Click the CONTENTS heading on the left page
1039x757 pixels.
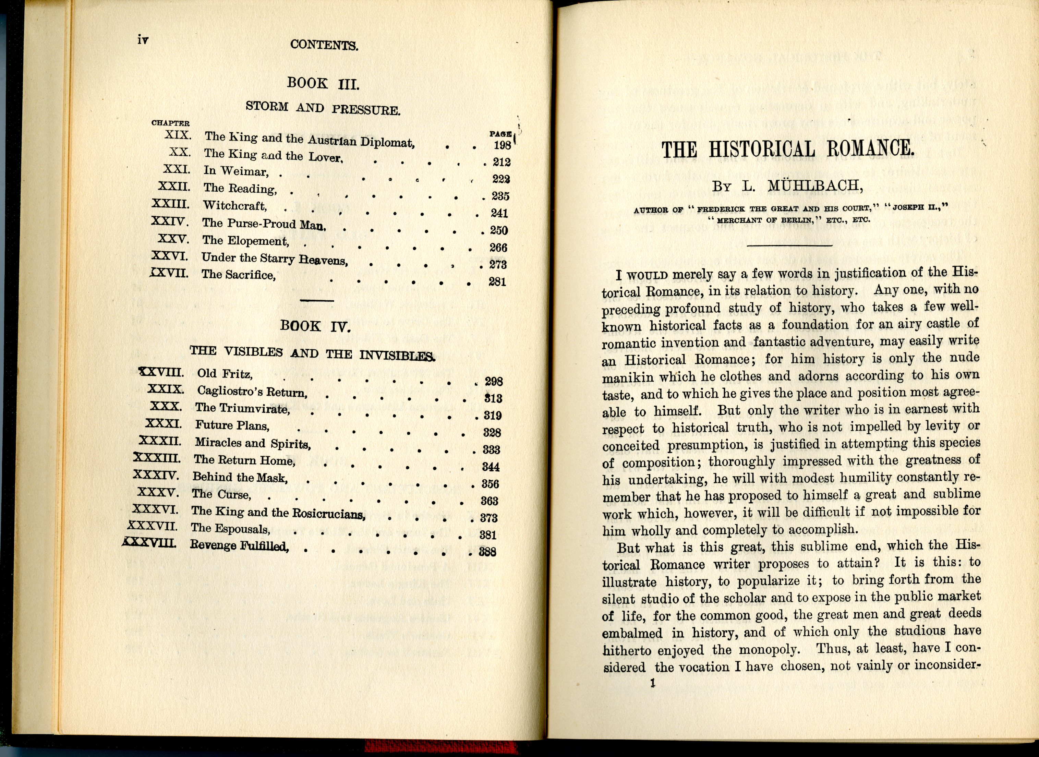coord(324,45)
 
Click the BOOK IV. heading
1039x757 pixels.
coord(316,326)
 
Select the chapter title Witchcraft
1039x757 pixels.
coord(234,206)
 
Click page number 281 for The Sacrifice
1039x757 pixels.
coord(497,281)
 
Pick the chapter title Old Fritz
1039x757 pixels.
coord(225,373)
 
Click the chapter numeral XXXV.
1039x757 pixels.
coord(158,493)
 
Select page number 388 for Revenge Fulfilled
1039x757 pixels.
coord(487,552)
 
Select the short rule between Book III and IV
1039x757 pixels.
coord(316,301)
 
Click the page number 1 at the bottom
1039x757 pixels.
coord(653,683)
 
